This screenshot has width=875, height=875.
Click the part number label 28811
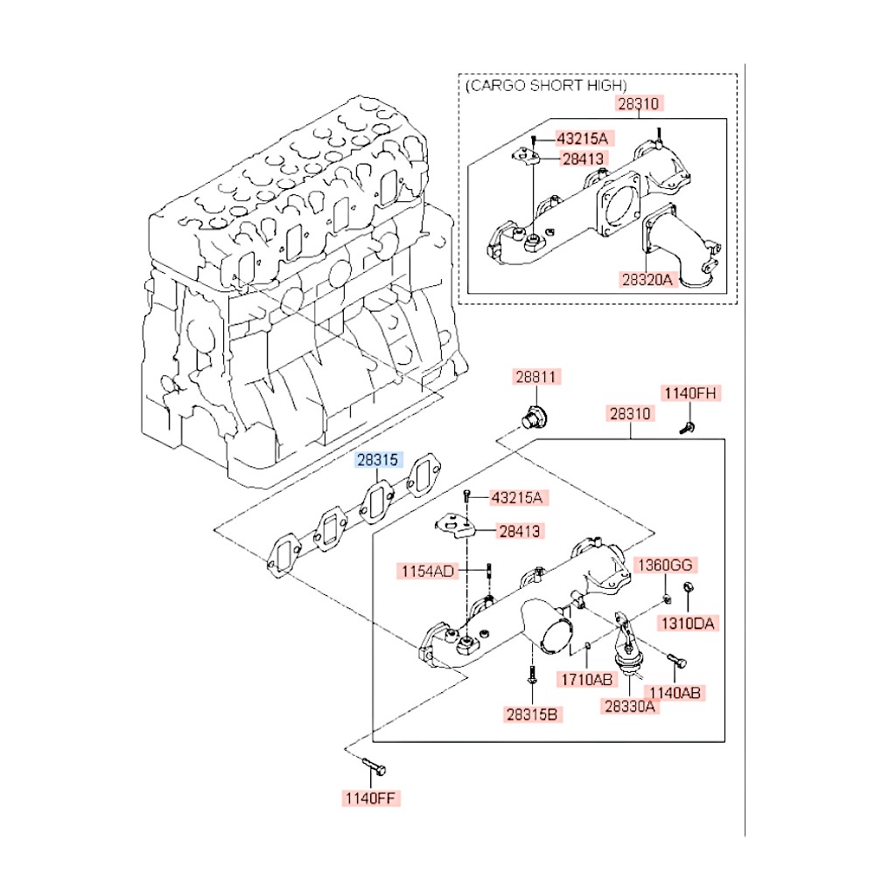[x=536, y=377]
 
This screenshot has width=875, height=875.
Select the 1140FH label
[x=690, y=394]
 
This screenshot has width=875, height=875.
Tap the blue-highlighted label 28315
[x=376, y=459]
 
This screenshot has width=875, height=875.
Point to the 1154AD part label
[x=428, y=571]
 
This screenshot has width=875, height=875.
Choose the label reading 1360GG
[x=665, y=564]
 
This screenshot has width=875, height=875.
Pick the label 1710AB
[x=586, y=678]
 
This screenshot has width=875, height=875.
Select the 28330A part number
[x=628, y=706]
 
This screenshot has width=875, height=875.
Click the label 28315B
[x=534, y=713]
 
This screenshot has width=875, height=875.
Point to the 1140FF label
[x=371, y=798]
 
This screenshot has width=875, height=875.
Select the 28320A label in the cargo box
[x=648, y=280]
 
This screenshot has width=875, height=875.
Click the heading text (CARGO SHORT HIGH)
[x=546, y=85]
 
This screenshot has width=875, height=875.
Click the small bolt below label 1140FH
[x=688, y=427]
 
